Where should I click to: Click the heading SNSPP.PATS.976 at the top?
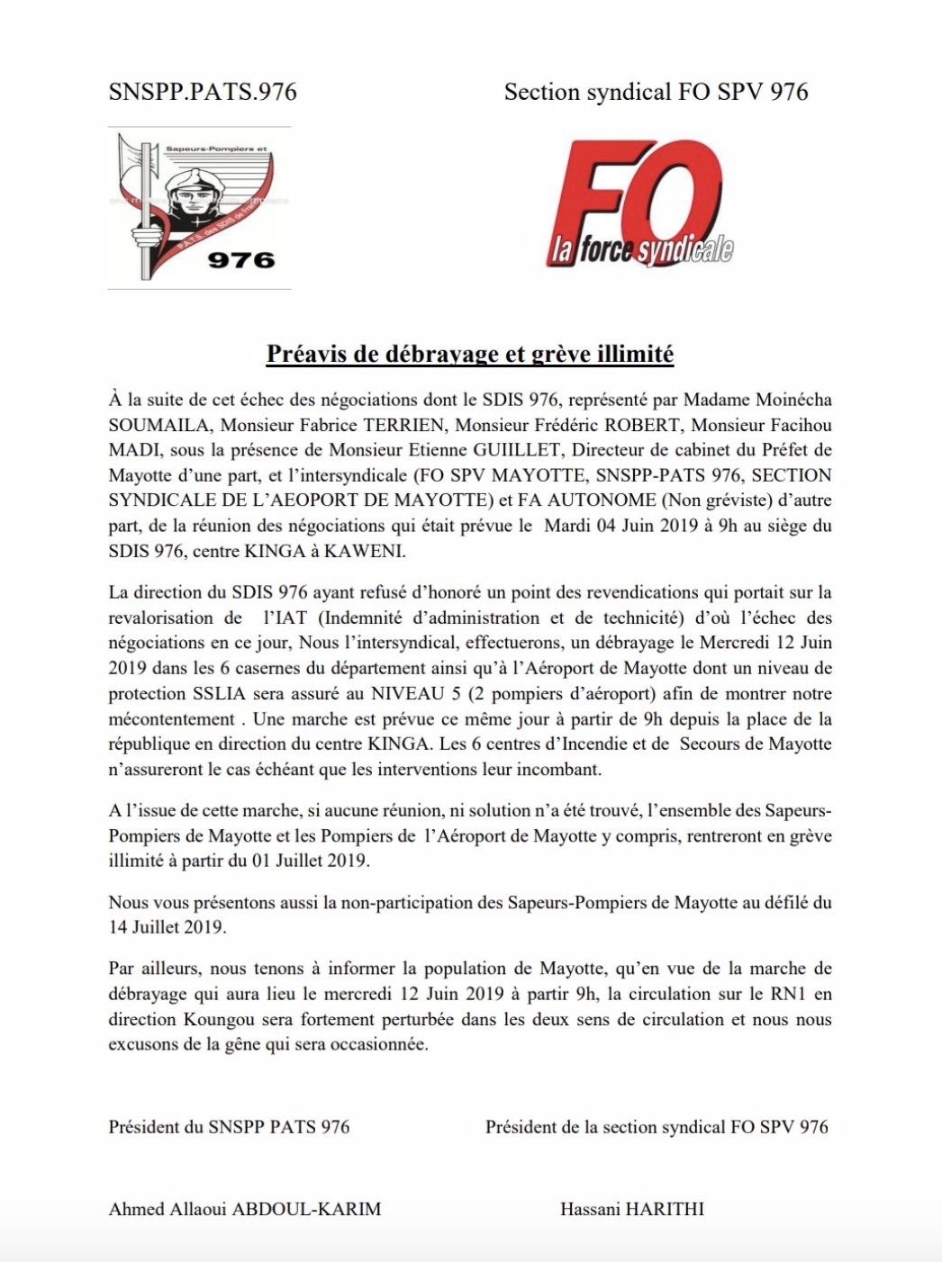[202, 92]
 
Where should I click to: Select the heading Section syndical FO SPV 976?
[656, 92]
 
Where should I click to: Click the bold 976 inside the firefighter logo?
[240, 260]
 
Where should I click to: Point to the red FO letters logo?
[630, 194]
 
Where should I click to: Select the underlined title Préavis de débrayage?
[469, 354]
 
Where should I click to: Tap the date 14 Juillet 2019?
[166, 927]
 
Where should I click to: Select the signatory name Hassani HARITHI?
[631, 1209]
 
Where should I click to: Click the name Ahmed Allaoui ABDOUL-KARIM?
[244, 1209]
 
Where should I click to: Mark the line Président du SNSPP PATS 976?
[229, 1127]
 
